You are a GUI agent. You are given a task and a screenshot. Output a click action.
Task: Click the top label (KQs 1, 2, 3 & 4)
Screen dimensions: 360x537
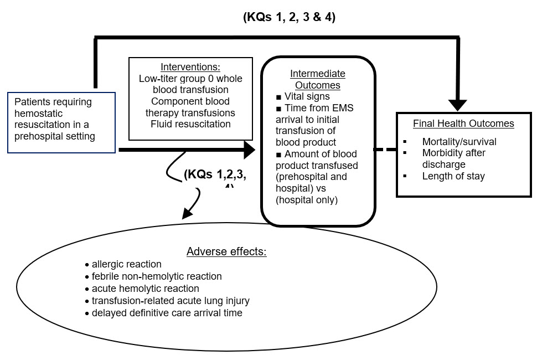pos(289,17)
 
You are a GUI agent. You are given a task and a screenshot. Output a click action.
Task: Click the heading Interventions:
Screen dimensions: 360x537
pos(190,67)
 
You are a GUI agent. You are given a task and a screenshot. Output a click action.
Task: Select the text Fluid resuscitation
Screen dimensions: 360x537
pos(190,124)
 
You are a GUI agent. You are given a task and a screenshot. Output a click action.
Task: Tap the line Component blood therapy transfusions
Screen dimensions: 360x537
pos(190,107)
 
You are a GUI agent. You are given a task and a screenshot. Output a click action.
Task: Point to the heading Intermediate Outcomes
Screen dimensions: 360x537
pos(318,79)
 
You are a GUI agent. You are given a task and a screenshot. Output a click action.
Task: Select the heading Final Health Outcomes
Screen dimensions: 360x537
pos(463,124)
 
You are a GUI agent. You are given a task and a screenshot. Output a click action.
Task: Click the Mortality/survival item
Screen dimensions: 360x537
pos(459,142)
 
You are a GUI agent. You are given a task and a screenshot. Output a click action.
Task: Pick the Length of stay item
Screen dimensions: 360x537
pos(453,176)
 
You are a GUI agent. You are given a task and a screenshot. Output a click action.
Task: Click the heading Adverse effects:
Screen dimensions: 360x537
pos(226,252)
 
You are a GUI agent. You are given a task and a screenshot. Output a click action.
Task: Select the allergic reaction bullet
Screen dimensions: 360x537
pos(126,264)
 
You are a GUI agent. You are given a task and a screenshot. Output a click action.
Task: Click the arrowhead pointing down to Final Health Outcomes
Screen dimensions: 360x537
pos(458,105)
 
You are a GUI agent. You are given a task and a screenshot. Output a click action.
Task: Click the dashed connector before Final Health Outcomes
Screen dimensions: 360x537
pos(385,150)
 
